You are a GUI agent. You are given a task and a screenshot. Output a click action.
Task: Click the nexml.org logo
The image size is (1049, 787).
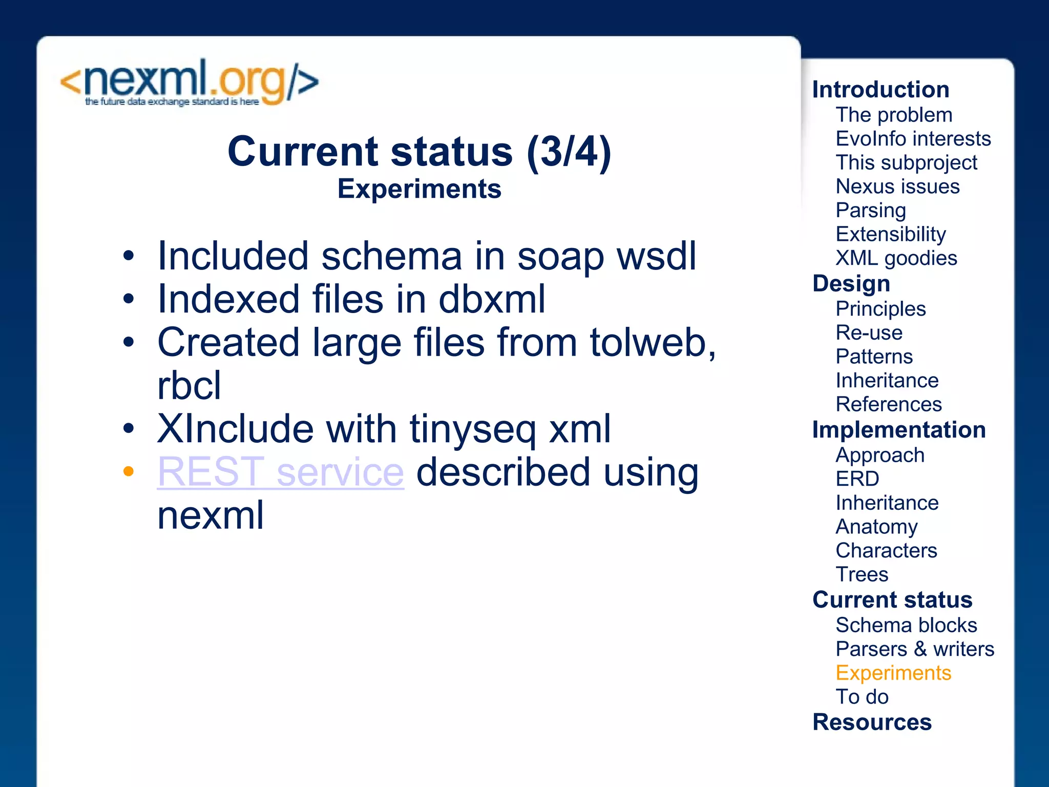click(190, 82)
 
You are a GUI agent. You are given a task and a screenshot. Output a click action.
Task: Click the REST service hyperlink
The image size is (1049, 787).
click(281, 472)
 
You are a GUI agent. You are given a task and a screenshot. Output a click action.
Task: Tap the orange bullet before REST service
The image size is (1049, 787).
click(129, 471)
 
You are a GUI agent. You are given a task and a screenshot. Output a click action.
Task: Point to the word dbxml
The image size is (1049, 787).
click(492, 299)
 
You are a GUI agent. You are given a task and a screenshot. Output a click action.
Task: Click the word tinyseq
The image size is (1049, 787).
click(472, 429)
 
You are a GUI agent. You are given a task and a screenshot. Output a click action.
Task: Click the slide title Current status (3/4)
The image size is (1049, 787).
click(419, 152)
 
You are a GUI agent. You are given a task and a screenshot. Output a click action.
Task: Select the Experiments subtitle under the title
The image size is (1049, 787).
click(419, 189)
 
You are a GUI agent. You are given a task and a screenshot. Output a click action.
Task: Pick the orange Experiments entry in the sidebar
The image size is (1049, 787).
click(893, 673)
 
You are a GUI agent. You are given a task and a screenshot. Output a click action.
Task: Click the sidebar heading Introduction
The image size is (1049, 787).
click(880, 90)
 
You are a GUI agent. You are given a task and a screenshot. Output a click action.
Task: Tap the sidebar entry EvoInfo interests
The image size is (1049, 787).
click(913, 139)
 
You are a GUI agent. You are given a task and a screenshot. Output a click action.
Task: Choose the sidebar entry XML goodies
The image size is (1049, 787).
click(896, 258)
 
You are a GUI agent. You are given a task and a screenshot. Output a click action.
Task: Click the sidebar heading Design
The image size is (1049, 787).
click(851, 284)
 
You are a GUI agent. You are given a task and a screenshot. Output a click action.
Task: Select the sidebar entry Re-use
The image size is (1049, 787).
click(869, 333)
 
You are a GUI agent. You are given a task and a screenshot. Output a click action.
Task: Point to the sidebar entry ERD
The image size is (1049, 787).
click(857, 479)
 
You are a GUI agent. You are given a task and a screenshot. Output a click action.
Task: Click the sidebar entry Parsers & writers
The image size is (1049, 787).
click(915, 649)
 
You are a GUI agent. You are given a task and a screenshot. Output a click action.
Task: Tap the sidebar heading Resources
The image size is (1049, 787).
click(872, 722)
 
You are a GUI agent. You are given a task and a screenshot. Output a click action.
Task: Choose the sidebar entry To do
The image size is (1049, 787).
click(862, 697)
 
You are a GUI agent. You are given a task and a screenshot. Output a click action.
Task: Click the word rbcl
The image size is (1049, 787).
click(189, 386)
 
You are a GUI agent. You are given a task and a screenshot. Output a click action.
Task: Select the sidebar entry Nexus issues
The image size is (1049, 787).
click(897, 187)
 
